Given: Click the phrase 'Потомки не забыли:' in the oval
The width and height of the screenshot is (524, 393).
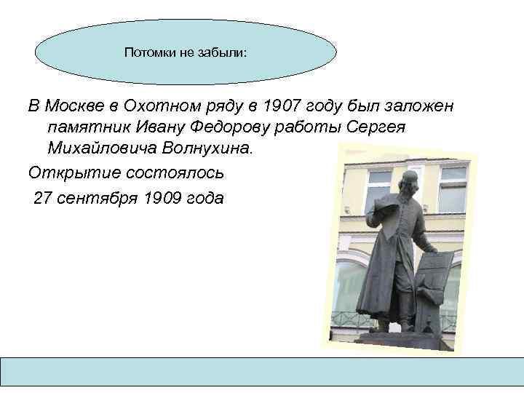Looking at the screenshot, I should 186,52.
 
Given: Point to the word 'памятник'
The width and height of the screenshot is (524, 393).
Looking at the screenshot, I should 84,127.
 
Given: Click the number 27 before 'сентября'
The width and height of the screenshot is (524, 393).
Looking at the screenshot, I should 43,197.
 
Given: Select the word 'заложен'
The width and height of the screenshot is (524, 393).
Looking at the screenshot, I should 419,106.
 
